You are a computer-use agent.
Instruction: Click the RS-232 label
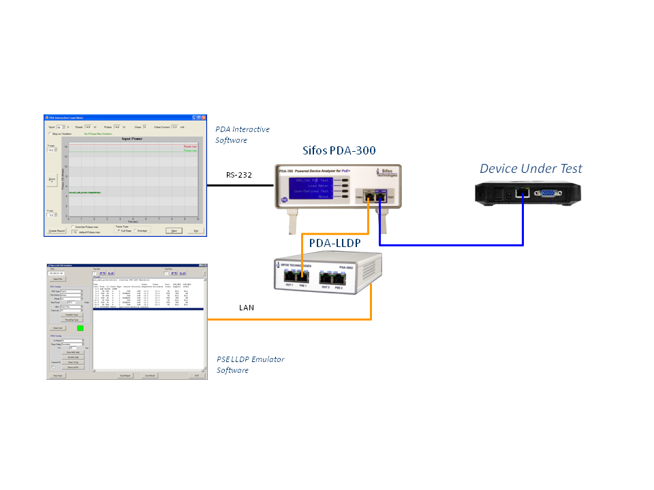pos(239,176)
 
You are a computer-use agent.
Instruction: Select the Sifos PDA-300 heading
pos(339,150)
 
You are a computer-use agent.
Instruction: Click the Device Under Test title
pos(531,168)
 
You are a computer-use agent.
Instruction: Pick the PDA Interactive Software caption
pos(242,135)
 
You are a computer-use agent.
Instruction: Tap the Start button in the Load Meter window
pos(175,231)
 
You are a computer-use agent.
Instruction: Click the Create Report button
pos(57,231)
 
